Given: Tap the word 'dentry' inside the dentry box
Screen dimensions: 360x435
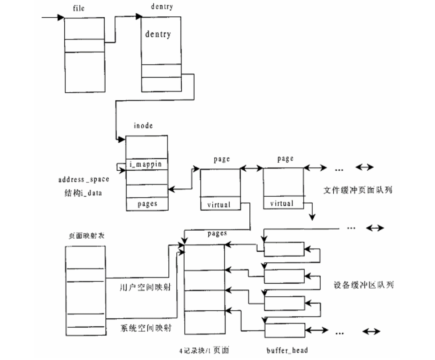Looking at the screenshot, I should (x=158, y=34).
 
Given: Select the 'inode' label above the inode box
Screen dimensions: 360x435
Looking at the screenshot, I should (x=143, y=126).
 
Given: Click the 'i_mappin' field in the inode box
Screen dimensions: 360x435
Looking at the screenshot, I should (x=145, y=164).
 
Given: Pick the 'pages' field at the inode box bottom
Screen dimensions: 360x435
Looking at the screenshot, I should (x=147, y=204).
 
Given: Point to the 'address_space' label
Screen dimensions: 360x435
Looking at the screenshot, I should (x=84, y=179).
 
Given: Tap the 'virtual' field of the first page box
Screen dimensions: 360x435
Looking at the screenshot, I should (x=219, y=205).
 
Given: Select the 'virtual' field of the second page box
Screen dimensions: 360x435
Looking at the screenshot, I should (x=282, y=203).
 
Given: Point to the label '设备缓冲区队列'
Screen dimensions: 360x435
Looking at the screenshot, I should (x=363, y=285).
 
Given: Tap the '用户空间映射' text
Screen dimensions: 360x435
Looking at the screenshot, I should (x=145, y=287).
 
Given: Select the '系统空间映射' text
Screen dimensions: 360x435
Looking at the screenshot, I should (x=145, y=328).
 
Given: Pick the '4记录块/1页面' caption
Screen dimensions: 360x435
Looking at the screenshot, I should (x=204, y=350).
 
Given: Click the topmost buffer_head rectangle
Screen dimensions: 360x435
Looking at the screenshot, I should (x=284, y=249).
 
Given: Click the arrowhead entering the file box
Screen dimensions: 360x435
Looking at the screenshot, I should (x=61, y=17).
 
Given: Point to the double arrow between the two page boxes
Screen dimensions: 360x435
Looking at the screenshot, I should (x=251, y=168).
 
